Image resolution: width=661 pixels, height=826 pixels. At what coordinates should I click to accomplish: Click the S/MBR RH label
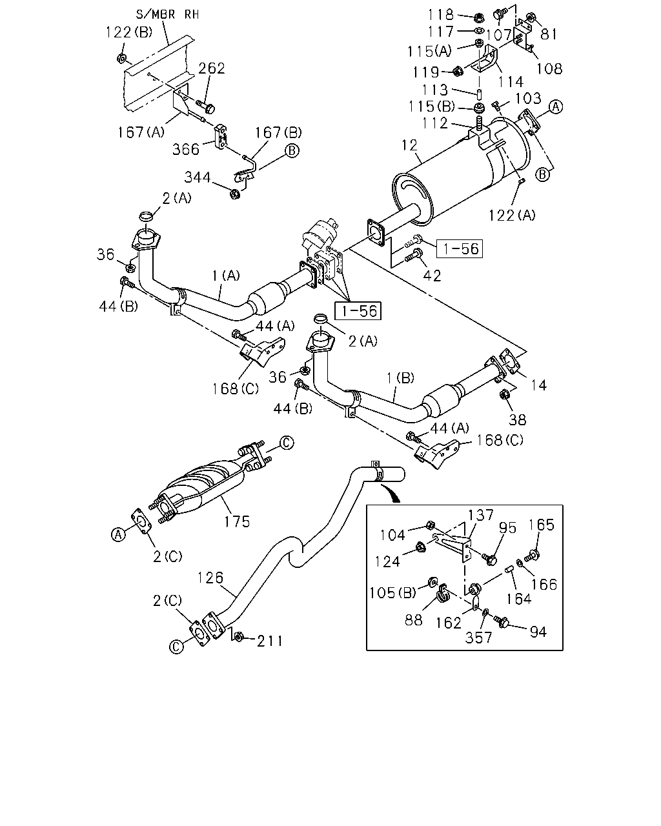167,15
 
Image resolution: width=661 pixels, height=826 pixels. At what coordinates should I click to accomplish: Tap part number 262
211,68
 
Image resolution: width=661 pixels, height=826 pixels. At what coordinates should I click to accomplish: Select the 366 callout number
186,149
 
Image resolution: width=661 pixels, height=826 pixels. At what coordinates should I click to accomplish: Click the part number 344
198,177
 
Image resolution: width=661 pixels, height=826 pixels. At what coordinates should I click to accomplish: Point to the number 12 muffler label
409,145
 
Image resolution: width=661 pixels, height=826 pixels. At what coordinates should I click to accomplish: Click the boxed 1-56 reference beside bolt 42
460,248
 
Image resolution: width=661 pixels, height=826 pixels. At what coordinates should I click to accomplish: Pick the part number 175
237,521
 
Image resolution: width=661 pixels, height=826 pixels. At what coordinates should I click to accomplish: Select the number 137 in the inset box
481,515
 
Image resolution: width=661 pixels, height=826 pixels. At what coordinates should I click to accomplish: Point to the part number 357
478,638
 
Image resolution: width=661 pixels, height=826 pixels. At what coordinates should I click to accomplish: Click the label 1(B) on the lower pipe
400,378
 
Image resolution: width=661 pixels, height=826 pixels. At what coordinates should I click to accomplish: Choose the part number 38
517,419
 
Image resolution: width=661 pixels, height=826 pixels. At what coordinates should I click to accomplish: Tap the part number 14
538,385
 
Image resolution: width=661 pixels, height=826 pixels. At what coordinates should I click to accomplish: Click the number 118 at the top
441,15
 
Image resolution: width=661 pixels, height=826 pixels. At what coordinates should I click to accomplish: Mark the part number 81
549,34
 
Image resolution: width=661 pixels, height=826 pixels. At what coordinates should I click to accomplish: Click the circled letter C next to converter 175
287,443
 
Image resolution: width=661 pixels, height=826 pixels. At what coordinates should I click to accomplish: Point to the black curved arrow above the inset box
391,493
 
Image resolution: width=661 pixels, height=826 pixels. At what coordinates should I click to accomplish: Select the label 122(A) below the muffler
512,215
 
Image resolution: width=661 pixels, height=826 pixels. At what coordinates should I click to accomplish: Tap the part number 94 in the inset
538,632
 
